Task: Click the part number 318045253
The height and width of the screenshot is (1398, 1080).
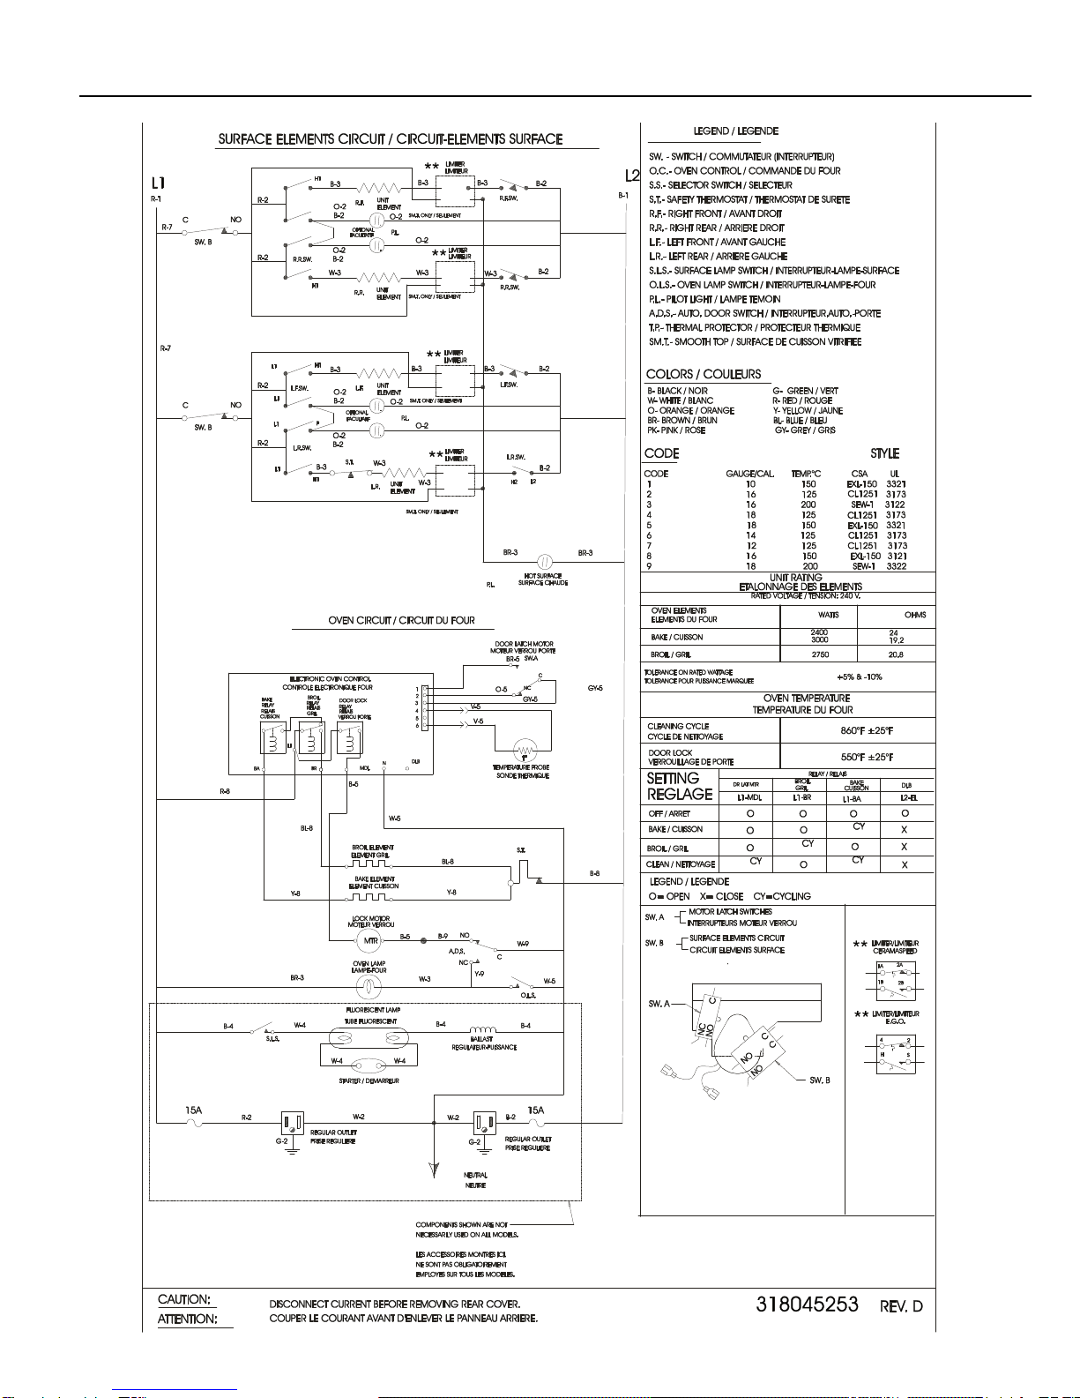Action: (807, 1305)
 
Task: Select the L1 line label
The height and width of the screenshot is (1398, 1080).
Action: (158, 183)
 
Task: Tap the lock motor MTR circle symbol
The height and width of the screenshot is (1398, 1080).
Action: (371, 940)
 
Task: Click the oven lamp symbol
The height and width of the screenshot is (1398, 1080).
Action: (368, 985)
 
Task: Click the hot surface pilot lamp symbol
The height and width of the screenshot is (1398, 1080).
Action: (544, 561)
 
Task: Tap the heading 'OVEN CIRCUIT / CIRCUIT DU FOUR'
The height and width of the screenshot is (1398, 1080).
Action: (401, 620)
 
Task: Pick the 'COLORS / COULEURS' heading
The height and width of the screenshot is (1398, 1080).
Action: (703, 374)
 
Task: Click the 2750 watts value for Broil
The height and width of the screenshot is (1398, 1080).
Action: (819, 654)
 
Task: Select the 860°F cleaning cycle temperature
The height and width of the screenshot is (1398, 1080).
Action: (866, 730)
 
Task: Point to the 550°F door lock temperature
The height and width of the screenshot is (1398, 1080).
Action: (866, 757)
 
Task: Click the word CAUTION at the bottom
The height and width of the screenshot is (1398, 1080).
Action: (183, 1299)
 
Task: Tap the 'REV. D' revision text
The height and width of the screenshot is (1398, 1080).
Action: (901, 1306)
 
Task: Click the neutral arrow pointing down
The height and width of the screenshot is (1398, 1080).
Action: (434, 1170)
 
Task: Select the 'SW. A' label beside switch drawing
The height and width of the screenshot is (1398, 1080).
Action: (659, 1004)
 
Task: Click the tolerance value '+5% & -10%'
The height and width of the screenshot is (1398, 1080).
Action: (859, 677)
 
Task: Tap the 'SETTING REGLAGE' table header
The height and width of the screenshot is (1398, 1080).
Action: (679, 786)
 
